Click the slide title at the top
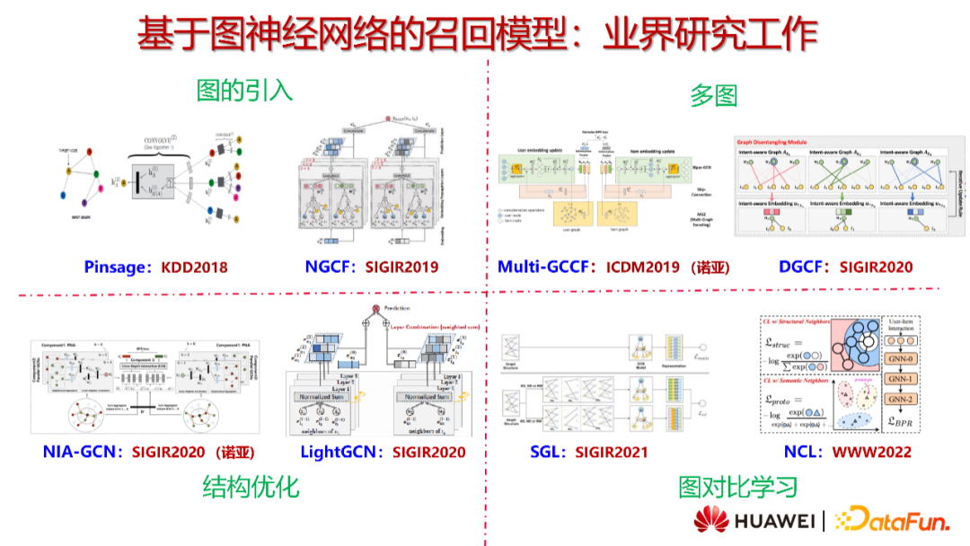[x=477, y=34]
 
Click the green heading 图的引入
[x=244, y=90]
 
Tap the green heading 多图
[x=713, y=94]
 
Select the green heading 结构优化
[x=251, y=487]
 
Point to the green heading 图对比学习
[x=738, y=487]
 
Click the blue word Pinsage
[x=116, y=267]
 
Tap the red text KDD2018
[x=194, y=267]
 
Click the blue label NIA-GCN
[x=82, y=452]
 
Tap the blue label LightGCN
[x=340, y=452]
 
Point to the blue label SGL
[x=546, y=452]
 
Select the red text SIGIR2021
[x=611, y=452]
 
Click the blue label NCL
[x=800, y=452]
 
